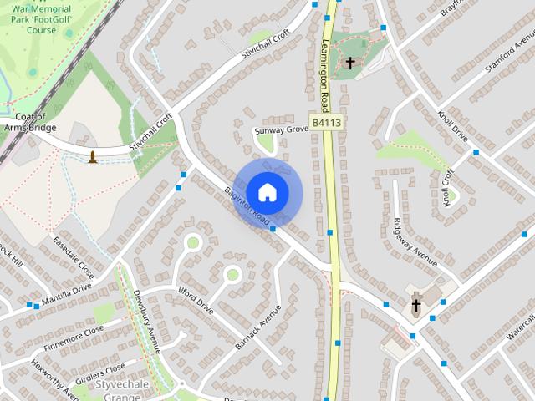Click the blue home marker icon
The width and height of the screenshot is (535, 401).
click(267, 193)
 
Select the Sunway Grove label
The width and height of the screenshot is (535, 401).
click(282, 130)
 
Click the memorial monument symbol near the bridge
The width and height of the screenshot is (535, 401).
click(92, 156)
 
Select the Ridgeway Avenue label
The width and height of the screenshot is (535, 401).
click(415, 241)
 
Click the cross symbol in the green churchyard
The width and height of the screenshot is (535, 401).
click(350, 63)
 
